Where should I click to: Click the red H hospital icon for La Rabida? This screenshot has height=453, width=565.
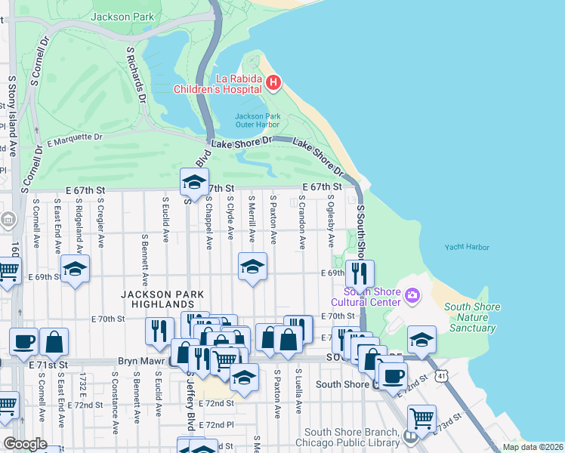(273, 82)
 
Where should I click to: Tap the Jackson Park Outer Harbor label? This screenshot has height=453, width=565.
(258, 120)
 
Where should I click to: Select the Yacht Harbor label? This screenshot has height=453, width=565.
(466, 247)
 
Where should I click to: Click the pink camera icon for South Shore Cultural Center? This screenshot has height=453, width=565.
(412, 294)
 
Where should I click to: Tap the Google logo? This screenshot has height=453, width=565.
(25, 444)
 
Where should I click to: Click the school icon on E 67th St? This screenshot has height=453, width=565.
(194, 182)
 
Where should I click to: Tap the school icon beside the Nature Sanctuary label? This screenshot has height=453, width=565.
(421, 339)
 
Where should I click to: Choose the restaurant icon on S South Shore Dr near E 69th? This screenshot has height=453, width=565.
(360, 273)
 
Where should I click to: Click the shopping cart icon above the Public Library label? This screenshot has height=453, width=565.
(421, 418)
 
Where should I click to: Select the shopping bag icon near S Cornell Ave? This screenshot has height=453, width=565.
(54, 341)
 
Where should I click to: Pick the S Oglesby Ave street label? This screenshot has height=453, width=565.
(330, 221)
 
